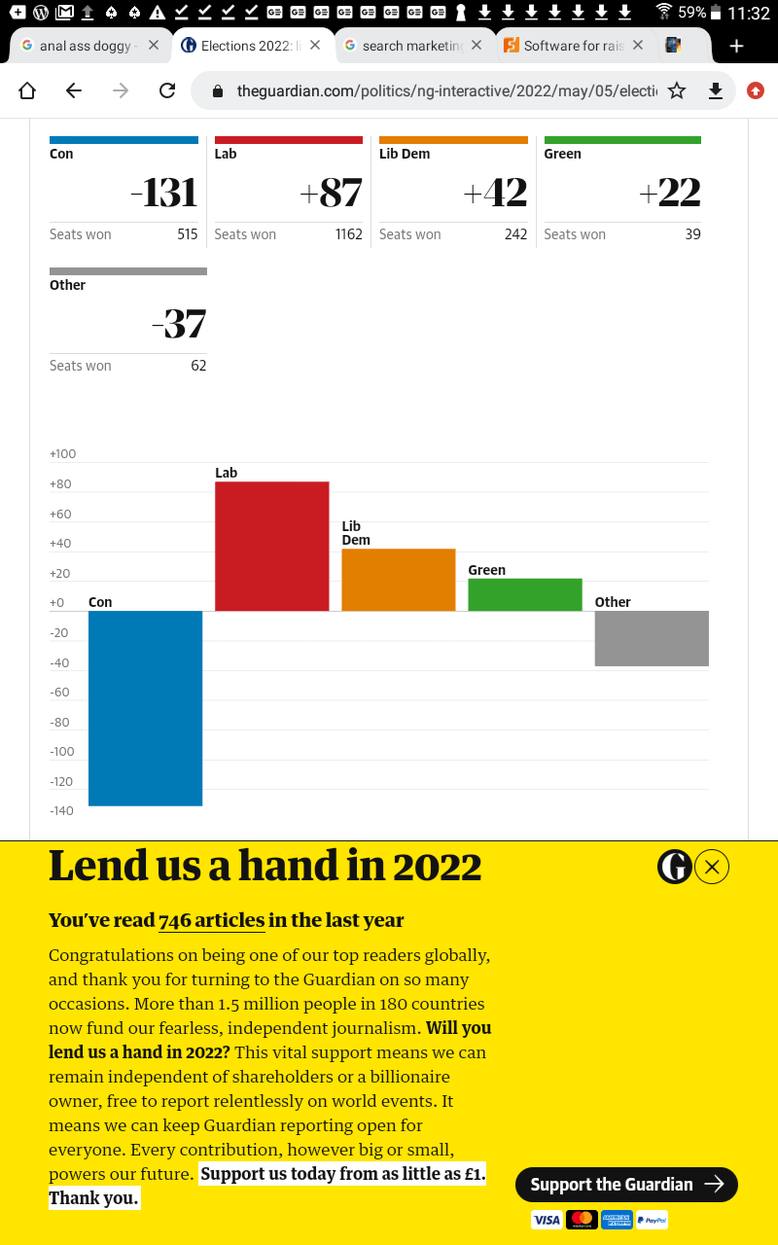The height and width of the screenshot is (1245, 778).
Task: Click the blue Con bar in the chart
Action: [x=145, y=708]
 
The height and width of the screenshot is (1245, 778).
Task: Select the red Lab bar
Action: [x=271, y=546]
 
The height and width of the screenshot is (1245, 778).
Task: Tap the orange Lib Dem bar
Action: [x=398, y=580]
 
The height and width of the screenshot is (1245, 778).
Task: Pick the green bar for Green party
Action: [x=524, y=594]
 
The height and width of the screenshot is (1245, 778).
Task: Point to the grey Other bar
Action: [x=651, y=638]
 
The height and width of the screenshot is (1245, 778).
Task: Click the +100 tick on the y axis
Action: [x=62, y=454]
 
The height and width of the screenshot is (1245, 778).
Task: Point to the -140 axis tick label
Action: [x=62, y=811]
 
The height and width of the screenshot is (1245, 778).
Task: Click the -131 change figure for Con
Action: [x=163, y=194]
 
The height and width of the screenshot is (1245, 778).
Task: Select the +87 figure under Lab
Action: [x=331, y=194]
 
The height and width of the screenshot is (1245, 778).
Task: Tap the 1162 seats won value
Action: [x=348, y=234]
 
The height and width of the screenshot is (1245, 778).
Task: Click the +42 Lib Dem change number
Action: [x=495, y=194]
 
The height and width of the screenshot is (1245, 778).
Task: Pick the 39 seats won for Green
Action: [x=692, y=234]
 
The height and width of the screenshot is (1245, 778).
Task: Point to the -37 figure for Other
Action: [x=179, y=324]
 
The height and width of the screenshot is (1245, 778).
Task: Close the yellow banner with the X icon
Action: [x=712, y=867]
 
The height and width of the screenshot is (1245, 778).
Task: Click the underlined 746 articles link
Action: [x=212, y=920]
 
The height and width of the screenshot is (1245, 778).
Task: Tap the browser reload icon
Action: [x=167, y=90]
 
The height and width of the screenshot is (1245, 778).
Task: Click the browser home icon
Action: [x=27, y=90]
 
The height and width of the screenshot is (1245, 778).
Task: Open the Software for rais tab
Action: [x=573, y=46]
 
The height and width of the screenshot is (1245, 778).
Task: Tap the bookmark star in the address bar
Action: [x=677, y=90]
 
